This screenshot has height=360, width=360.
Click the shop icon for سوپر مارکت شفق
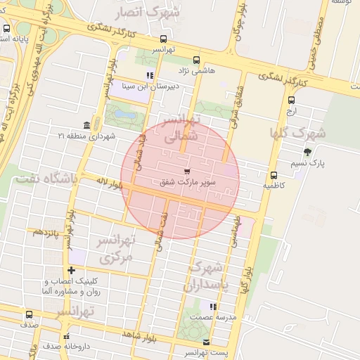pyautogui.click(x=186, y=171)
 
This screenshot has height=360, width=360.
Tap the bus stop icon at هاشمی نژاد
pyautogui.click(x=196, y=60)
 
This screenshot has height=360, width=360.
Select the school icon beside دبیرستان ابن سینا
pyautogui.click(x=149, y=75)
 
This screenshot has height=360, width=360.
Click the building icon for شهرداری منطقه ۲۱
pyautogui.click(x=86, y=124)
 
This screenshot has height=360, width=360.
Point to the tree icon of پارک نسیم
pyautogui.click(x=307, y=152)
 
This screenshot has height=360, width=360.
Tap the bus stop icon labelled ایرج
pyautogui.click(x=291, y=101)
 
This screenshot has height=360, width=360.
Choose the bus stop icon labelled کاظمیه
pyautogui.click(x=274, y=175)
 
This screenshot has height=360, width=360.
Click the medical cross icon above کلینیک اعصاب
pyautogui.click(x=70, y=270)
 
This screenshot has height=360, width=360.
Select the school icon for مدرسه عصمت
pyautogui.click(x=213, y=307)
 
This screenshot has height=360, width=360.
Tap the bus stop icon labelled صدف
pyautogui.click(x=29, y=314)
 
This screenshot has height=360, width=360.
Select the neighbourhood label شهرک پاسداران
pyautogui.click(x=207, y=277)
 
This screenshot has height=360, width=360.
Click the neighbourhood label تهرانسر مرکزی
pyautogui.click(x=116, y=250)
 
